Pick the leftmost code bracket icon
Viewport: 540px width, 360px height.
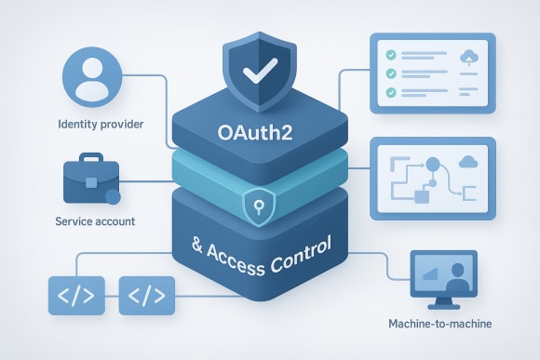[x=73, y=298]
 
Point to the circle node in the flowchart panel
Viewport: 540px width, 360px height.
[x=431, y=165]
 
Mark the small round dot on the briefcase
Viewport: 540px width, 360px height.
[x=114, y=197]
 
